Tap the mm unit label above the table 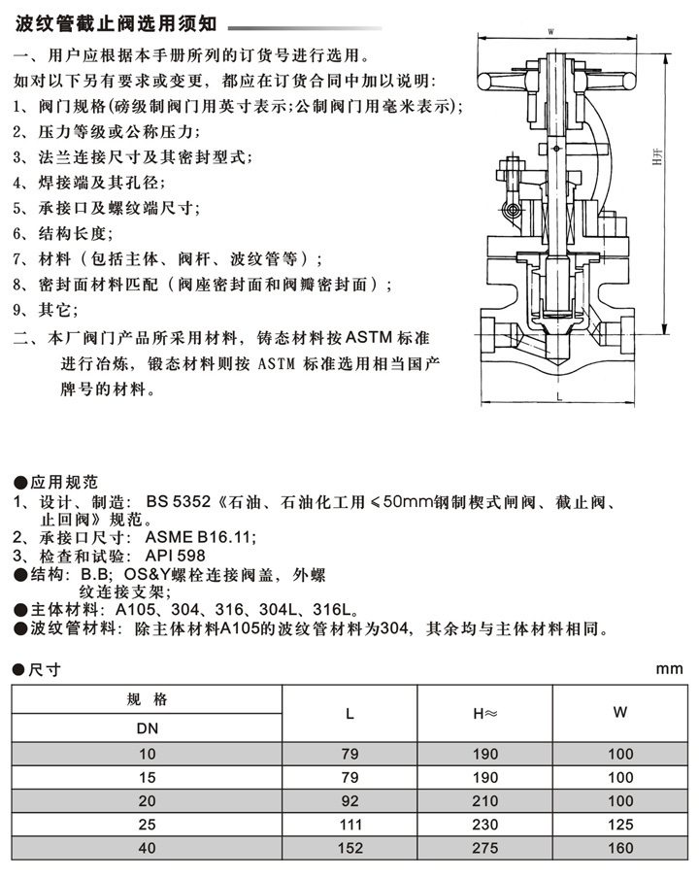(670, 668)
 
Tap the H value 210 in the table (485, 802)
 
